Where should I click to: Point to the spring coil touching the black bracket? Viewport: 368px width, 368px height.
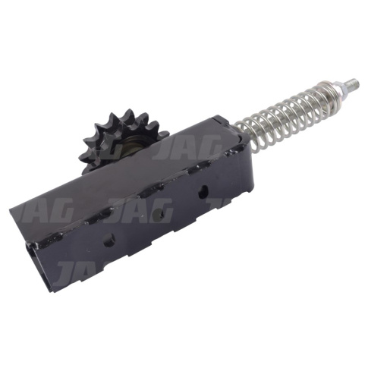(240, 127)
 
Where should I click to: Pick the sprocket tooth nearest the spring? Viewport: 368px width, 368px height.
(164, 134)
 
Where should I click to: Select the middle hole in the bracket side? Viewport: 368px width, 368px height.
(159, 214)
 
